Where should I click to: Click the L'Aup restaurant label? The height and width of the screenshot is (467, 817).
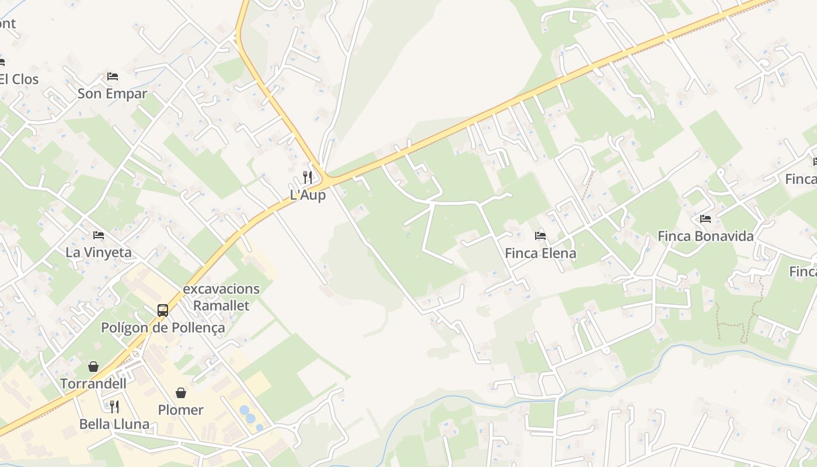(308, 195)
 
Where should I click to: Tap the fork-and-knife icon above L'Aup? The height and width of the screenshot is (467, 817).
(308, 177)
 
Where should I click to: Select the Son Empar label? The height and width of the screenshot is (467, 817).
(112, 93)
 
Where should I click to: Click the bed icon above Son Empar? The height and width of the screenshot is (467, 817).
(113, 76)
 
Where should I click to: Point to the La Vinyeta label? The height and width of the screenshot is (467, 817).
(99, 253)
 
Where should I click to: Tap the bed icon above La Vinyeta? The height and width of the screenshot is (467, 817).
(99, 235)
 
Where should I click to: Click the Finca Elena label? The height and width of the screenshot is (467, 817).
(540, 253)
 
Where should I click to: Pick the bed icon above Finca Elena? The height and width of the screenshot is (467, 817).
(540, 236)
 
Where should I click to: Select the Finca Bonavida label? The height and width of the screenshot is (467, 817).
(706, 236)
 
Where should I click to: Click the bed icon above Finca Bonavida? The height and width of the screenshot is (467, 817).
(706, 219)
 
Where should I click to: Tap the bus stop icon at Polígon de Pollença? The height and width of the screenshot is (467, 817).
(163, 311)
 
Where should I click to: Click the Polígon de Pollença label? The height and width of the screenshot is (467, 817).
(163, 327)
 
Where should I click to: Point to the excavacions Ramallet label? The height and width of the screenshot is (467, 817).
(221, 297)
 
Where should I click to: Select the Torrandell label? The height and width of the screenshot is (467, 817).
(93, 384)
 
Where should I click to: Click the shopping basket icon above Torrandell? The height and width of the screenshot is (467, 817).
(93, 367)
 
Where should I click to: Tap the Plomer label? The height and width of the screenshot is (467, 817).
(181, 410)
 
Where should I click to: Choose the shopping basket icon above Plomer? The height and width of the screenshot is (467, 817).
(181, 393)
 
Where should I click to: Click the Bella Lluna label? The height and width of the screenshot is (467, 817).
(114, 424)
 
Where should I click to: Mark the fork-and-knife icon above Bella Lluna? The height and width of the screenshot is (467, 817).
(114, 406)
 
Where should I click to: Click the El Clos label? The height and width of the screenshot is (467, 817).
(19, 79)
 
